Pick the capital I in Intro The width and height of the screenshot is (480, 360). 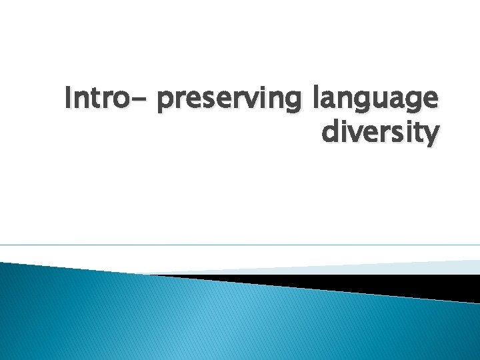point(69,100)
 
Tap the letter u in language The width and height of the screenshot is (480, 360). point(383,102)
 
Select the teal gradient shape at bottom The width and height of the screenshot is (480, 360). point(200,320)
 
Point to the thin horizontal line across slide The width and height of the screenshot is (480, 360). point(240,245)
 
